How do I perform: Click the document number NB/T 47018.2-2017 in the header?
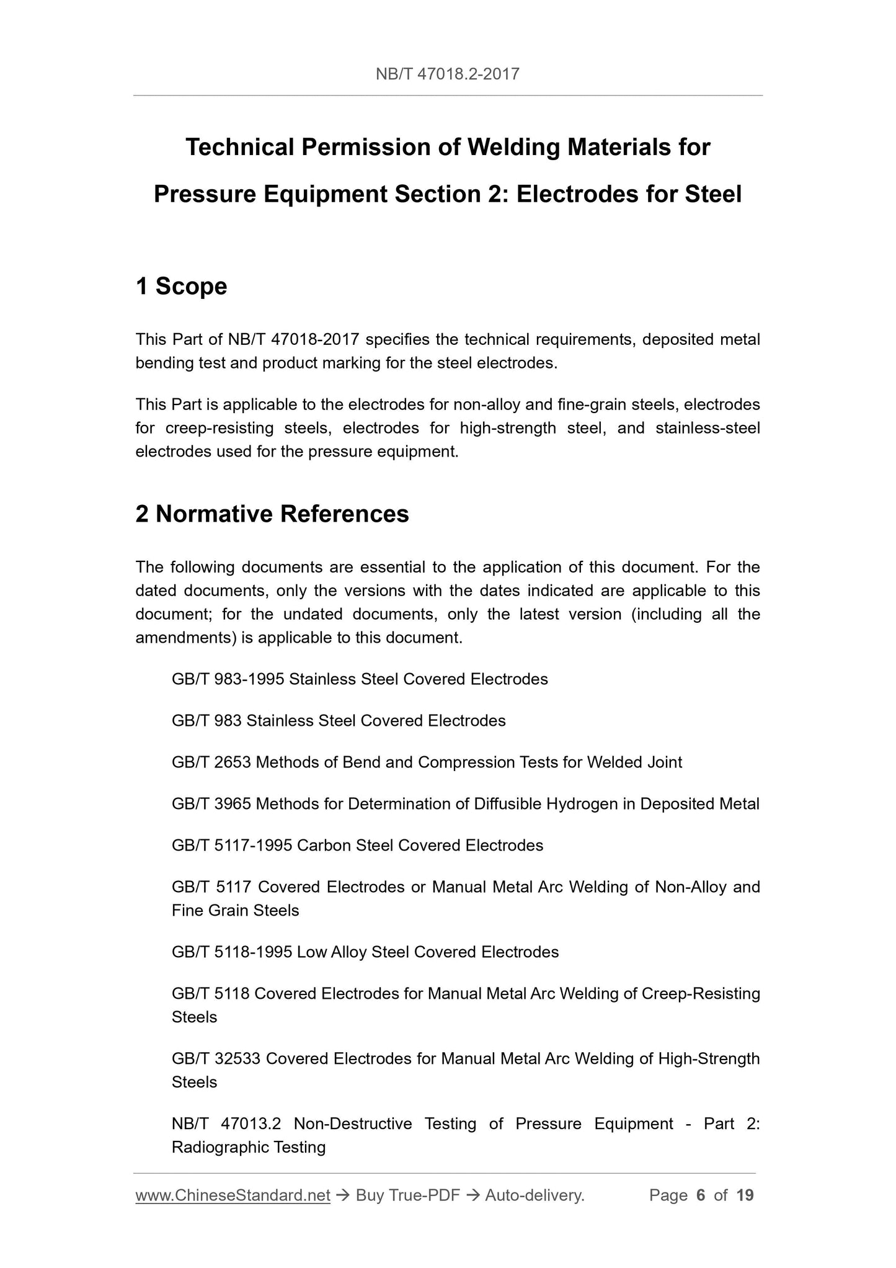pyautogui.click(x=447, y=75)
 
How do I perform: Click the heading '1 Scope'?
pyautogui.click(x=181, y=287)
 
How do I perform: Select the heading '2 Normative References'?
pyautogui.click(x=272, y=514)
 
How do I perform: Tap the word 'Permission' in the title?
pyautogui.click(x=380, y=148)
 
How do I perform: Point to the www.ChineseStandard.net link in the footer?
pyautogui.click(x=233, y=1195)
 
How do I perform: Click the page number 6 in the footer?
pyautogui.click(x=701, y=1195)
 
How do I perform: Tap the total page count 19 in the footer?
pyautogui.click(x=745, y=1195)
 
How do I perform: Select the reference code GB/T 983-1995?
pyautogui.click(x=228, y=679)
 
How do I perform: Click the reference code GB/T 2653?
pyautogui.click(x=211, y=762)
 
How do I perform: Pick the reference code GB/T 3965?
pyautogui.click(x=211, y=804)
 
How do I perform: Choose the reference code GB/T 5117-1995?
pyautogui.click(x=231, y=846)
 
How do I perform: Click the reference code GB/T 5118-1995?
pyautogui.click(x=231, y=952)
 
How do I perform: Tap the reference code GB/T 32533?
pyautogui.click(x=216, y=1058)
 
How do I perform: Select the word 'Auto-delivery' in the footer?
pyautogui.click(x=534, y=1195)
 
